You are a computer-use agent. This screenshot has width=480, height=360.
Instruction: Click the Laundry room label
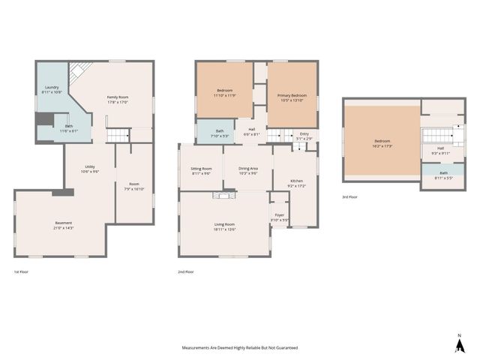pos(52,87)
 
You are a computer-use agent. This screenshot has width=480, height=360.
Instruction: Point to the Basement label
pos(64,223)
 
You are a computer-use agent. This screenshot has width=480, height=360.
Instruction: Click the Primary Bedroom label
pos(292,96)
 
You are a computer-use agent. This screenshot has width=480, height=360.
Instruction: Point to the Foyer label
pos(279,215)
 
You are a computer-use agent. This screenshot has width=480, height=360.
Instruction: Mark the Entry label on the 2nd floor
pos(304,133)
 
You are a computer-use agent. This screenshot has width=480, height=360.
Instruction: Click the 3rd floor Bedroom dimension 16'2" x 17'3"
pos(382,145)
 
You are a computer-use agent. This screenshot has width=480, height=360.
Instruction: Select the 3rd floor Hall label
pos(440,148)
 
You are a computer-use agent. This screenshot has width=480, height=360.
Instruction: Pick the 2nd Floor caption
pos(185,271)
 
